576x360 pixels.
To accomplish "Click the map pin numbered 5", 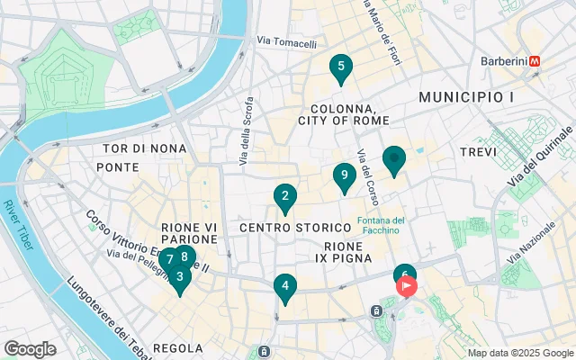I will click(339, 67).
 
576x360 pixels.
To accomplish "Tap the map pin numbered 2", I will click(284, 196).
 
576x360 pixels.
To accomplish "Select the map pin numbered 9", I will click(342, 175).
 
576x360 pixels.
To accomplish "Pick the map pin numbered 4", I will click(284, 288).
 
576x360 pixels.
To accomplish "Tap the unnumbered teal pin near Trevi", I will click(393, 159).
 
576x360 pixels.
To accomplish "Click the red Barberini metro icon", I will click(535, 60).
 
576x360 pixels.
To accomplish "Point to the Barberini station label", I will click(501, 60).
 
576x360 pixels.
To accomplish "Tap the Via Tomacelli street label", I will click(286, 42).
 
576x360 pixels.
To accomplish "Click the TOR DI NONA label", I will click(144, 148).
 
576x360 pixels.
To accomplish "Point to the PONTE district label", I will click(118, 167).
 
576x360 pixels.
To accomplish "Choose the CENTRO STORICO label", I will click(282, 228).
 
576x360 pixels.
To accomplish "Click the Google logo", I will click(30, 349).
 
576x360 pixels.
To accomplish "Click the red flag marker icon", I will click(407, 287).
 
